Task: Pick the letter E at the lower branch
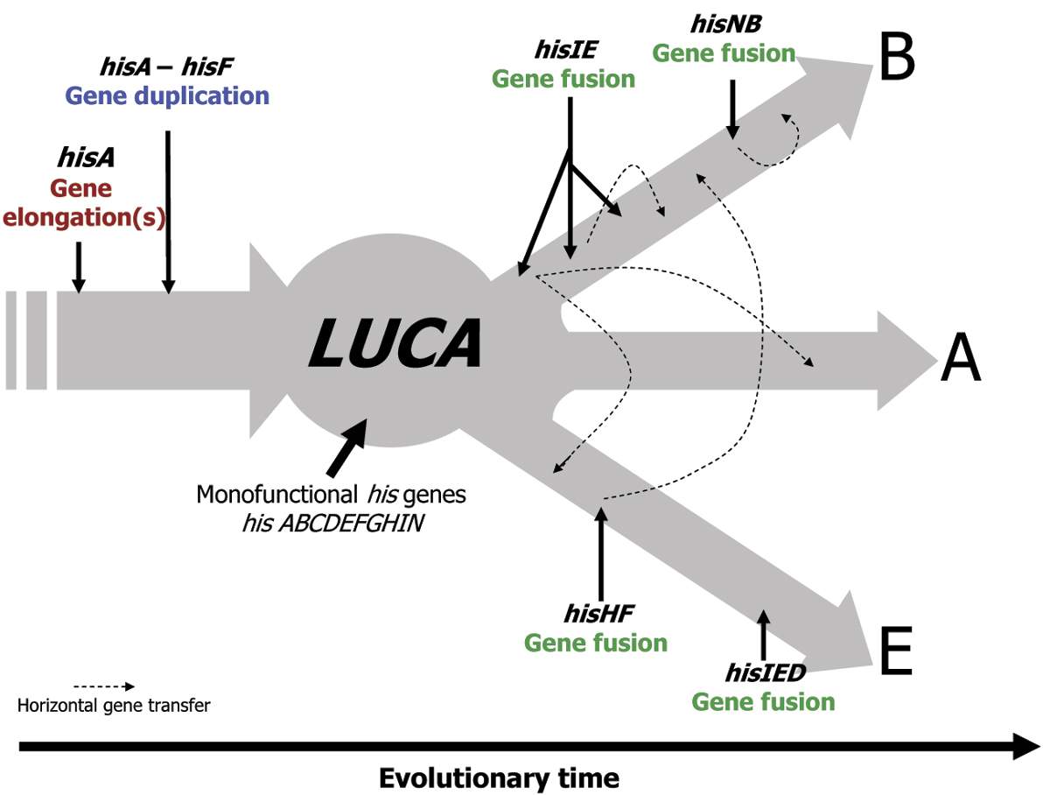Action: (896, 652)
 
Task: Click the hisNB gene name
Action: (723, 24)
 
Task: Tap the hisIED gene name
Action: (764, 673)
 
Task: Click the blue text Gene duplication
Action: (180, 95)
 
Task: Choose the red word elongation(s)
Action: (84, 216)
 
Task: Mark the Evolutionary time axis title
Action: (499, 777)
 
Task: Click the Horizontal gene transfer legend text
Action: (114, 705)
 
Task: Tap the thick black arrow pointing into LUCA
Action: (346, 445)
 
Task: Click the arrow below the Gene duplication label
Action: (168, 210)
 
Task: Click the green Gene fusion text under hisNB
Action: (724, 53)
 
